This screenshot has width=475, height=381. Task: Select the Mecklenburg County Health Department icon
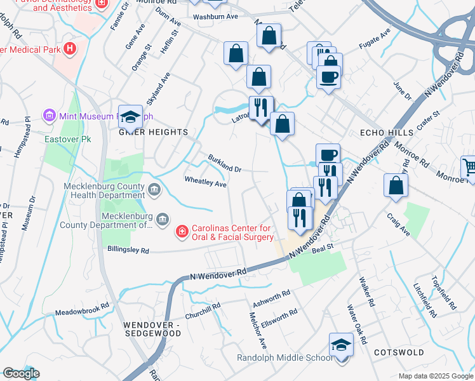coord(154,189)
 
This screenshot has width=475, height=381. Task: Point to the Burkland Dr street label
coord(225,164)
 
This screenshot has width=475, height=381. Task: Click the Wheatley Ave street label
coord(205,183)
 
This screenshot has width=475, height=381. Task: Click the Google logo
coord(21,373)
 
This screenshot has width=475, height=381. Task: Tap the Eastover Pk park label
coord(61,138)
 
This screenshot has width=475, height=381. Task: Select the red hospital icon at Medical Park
coord(70,48)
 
